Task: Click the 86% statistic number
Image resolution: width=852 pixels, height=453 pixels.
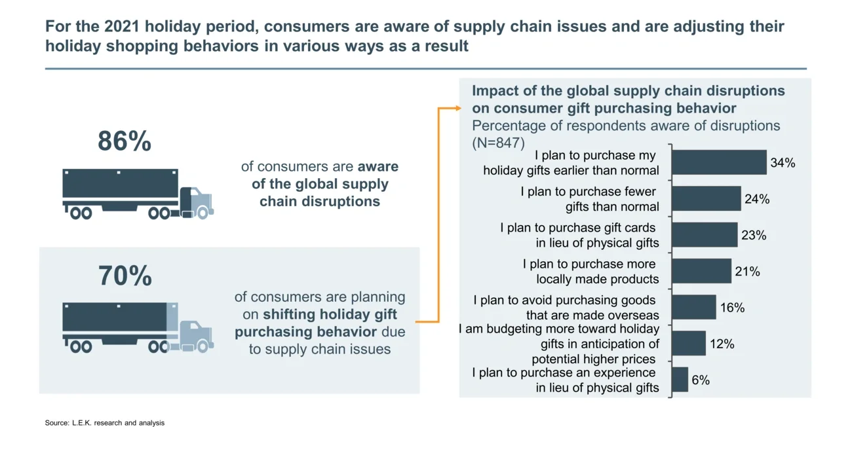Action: click(x=125, y=142)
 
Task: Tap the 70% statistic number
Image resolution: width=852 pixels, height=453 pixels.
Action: click(x=125, y=276)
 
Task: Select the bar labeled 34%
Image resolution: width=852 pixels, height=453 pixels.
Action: click(x=719, y=162)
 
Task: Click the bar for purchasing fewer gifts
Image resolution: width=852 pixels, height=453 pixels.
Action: click(x=706, y=199)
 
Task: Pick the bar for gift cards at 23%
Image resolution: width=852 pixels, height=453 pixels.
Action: click(x=705, y=235)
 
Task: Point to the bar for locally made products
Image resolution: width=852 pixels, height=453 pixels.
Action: click(x=701, y=271)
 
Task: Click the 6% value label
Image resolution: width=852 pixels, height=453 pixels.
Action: click(x=701, y=380)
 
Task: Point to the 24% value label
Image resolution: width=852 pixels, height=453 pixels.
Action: click(x=756, y=199)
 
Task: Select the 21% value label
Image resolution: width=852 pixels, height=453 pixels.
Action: click(x=747, y=271)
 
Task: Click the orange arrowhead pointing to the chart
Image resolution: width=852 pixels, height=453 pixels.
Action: click(x=458, y=108)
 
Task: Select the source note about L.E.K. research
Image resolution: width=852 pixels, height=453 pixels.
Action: click(x=105, y=423)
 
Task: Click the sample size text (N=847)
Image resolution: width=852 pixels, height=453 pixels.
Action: click(x=498, y=142)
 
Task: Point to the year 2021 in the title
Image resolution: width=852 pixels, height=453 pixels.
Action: click(x=123, y=27)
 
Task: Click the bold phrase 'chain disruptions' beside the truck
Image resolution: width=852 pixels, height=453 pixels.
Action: click(x=319, y=201)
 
